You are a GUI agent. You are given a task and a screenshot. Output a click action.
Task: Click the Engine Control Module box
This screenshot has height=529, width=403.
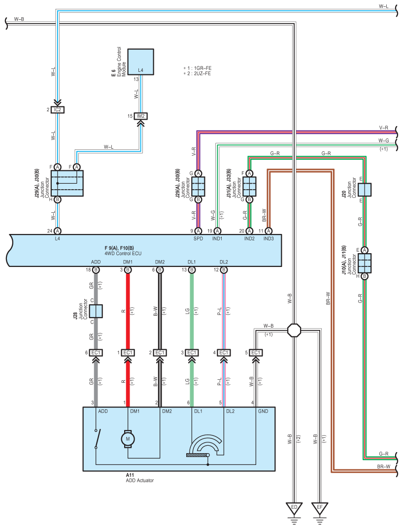point(140,62)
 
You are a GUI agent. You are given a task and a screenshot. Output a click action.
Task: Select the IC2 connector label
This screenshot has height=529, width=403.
point(58,110)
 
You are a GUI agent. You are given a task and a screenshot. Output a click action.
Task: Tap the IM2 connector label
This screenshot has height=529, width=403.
point(141,116)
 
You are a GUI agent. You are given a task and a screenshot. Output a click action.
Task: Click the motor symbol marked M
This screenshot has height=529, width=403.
point(128,439)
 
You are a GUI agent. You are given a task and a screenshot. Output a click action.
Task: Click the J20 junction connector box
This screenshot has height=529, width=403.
point(365,190)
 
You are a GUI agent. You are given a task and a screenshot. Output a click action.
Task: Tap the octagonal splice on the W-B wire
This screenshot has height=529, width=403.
point(294,330)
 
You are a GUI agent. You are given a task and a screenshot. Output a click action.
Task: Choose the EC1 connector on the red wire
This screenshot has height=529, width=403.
point(128,353)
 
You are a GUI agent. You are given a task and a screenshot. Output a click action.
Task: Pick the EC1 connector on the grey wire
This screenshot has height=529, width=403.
point(96,353)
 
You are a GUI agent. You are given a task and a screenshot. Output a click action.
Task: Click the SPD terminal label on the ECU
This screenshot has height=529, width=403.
point(198,238)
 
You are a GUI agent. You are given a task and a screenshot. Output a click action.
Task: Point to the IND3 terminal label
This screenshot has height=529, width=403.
point(269,238)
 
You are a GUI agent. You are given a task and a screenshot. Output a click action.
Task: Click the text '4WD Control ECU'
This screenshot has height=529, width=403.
point(123,253)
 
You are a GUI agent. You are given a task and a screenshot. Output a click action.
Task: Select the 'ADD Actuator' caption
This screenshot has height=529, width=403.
point(140,480)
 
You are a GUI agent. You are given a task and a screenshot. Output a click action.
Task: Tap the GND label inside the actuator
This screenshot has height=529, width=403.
point(263,411)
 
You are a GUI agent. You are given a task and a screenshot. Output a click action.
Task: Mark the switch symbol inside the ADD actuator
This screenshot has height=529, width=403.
point(97,439)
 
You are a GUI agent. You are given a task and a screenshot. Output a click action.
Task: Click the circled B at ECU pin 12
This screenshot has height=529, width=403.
point(224,270)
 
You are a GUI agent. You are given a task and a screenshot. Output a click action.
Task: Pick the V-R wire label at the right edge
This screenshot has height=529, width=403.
point(383,128)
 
